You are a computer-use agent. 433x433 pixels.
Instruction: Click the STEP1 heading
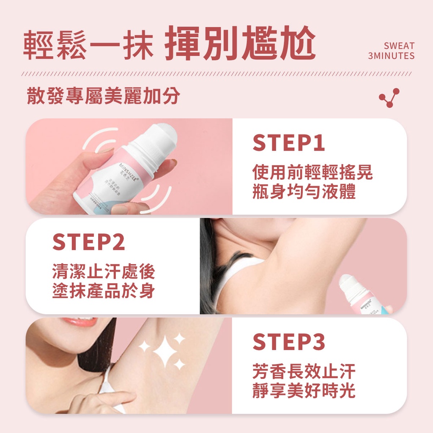[289, 143]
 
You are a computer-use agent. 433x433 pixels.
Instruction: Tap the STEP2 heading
[89, 242]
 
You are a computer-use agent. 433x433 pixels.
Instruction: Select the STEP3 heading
[289, 342]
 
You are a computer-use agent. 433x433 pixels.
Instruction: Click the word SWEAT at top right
[399, 46]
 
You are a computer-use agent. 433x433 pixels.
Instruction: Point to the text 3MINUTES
[391, 56]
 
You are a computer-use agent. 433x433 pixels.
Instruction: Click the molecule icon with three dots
[389, 98]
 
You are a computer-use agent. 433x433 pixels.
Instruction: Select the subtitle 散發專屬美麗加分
[103, 96]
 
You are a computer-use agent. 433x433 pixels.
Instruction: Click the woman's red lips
[80, 321]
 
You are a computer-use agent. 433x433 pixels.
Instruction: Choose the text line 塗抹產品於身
[104, 291]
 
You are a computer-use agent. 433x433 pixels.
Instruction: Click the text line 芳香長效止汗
[304, 372]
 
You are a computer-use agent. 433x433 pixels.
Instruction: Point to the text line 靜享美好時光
[304, 391]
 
